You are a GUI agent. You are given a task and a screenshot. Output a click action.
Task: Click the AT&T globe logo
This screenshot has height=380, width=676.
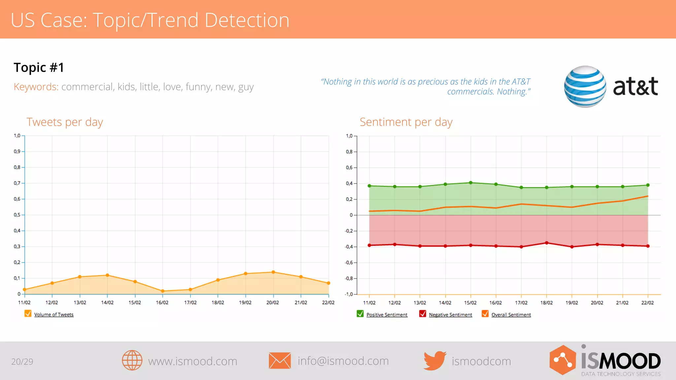585,86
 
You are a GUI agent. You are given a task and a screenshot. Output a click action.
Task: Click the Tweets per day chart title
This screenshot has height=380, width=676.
65,122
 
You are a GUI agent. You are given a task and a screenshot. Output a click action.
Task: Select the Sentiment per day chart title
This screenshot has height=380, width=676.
406,122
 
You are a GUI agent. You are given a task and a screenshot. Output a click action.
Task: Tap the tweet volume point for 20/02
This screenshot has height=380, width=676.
273,272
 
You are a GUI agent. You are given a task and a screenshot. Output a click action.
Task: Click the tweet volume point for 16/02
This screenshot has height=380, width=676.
163,291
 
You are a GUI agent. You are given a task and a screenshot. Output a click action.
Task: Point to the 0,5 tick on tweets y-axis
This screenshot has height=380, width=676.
17,215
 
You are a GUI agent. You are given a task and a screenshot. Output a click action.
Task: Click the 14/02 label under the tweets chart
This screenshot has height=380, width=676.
107,302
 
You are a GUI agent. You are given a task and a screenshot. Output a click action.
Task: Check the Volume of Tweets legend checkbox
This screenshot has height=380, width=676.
28,314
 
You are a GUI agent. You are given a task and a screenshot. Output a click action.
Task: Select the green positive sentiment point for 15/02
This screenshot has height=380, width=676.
471,183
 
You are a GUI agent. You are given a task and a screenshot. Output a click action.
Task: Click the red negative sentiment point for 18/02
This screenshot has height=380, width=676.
547,243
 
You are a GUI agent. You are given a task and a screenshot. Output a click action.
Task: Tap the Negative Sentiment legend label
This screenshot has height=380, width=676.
450,315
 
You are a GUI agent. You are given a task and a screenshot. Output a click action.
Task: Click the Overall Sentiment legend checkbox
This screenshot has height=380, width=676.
485,314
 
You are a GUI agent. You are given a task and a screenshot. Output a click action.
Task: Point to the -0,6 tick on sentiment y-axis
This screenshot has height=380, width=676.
349,263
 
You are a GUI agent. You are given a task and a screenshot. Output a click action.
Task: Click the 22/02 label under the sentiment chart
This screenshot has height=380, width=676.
647,303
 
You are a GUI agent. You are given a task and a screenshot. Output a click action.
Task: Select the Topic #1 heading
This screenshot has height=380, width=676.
39,68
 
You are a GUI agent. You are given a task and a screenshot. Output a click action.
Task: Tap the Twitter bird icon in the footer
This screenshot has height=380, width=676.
435,361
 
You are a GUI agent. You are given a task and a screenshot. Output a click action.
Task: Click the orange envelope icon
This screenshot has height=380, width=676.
280,361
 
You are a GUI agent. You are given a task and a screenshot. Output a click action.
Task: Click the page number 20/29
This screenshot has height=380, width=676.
22,362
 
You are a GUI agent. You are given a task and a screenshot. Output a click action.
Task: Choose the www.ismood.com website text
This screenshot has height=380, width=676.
192,361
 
